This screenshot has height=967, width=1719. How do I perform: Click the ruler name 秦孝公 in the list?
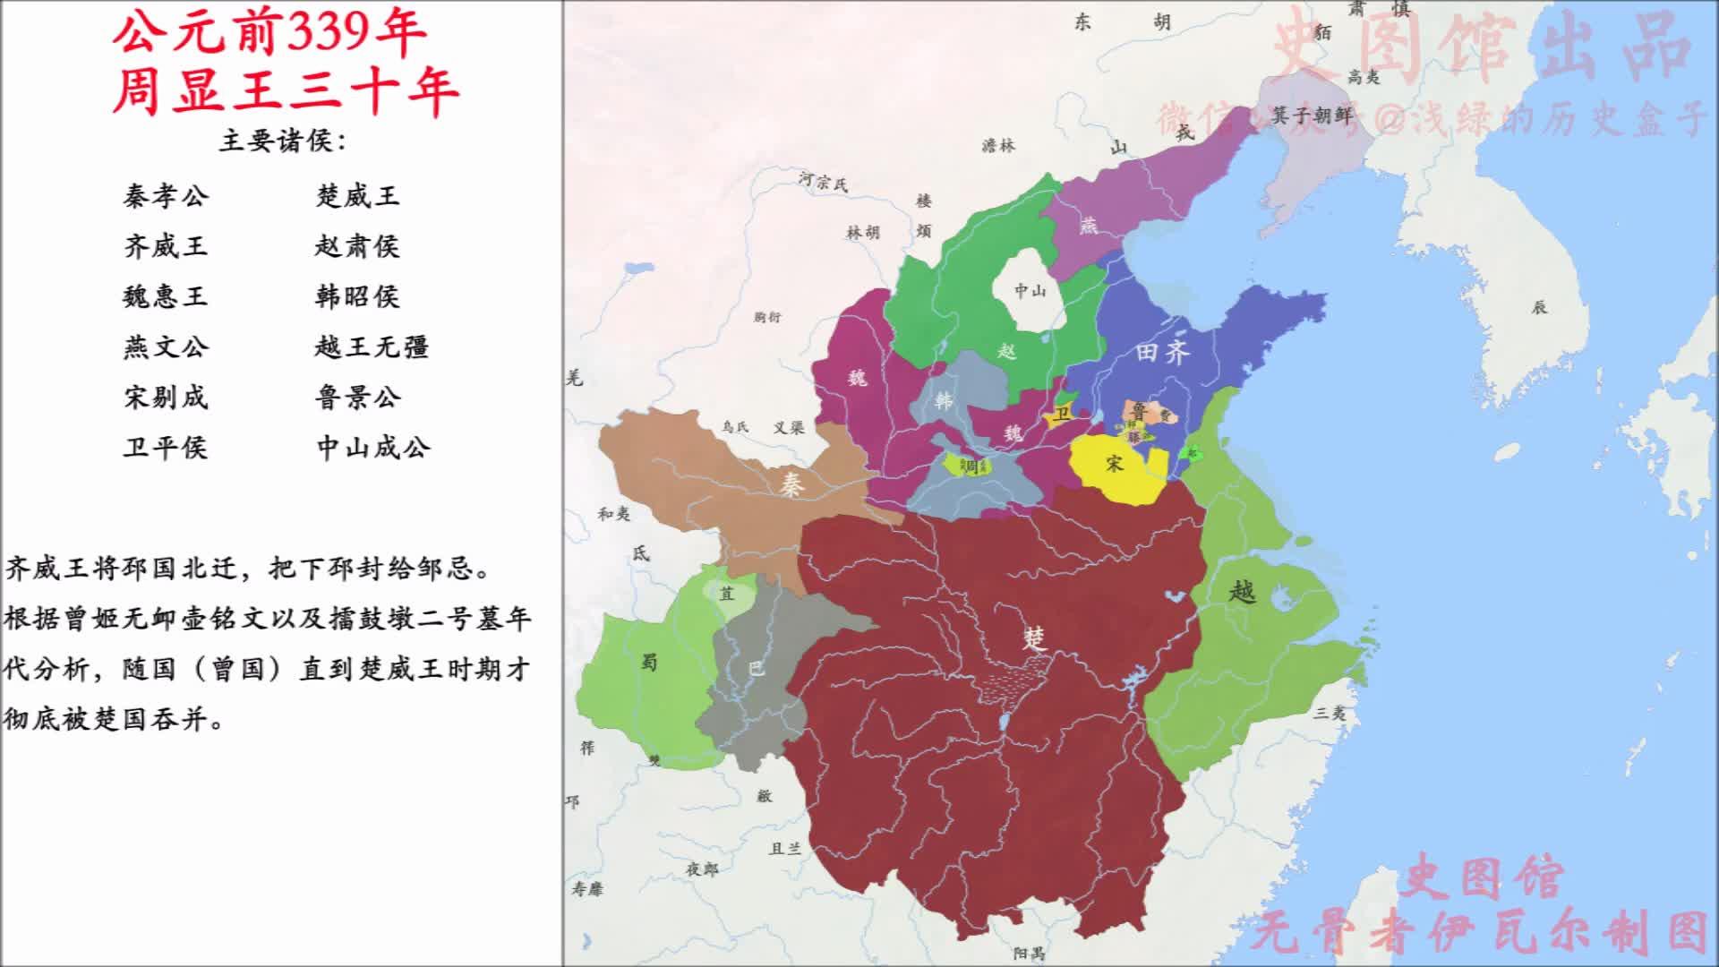click(x=166, y=196)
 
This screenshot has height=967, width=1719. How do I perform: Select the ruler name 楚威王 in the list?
click(x=357, y=196)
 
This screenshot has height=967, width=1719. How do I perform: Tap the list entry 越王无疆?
click(x=372, y=347)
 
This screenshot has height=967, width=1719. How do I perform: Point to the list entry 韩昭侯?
click(x=357, y=296)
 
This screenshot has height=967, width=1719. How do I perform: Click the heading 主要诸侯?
click(x=282, y=141)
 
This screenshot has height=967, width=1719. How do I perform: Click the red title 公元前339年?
click(x=269, y=34)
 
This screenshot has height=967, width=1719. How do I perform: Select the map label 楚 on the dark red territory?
click(x=1034, y=638)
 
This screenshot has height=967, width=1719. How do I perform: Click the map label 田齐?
click(x=1162, y=352)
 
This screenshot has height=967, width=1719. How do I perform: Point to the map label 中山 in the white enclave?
click(x=1030, y=290)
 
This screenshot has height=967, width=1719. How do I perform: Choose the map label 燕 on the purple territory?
click(x=1088, y=226)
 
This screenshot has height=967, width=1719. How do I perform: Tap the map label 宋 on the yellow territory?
click(x=1114, y=463)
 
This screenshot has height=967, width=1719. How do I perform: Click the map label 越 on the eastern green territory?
click(x=1242, y=591)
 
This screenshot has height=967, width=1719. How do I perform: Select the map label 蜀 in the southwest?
click(x=649, y=662)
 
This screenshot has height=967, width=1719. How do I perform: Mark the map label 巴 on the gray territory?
click(x=757, y=667)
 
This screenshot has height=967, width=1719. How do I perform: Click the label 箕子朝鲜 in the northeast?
click(x=1312, y=116)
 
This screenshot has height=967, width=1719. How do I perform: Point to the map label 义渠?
click(x=789, y=428)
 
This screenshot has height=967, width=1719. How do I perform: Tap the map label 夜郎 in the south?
click(x=702, y=869)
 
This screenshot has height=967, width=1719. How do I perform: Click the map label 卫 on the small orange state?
click(x=1062, y=414)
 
